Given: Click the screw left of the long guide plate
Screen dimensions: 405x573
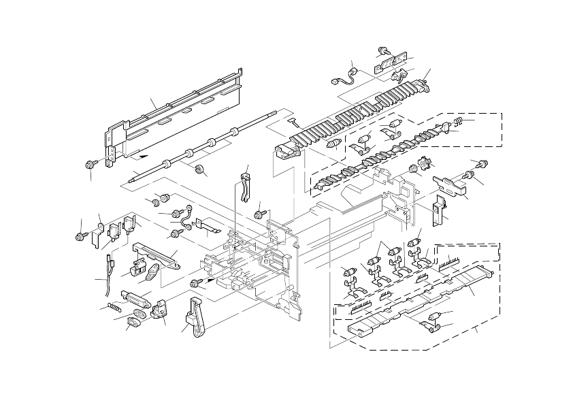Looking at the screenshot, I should [89, 164].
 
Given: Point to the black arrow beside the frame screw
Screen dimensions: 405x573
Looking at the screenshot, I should [212, 279].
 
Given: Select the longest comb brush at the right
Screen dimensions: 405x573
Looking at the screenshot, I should [452, 260].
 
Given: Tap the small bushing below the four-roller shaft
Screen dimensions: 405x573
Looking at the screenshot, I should [201, 170].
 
